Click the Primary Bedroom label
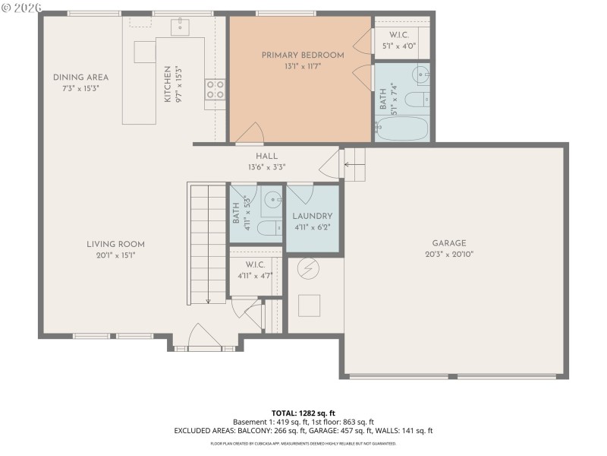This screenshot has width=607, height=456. (x=302, y=55)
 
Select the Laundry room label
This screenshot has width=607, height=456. (x=312, y=217)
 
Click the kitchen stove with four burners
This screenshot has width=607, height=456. (x=215, y=90)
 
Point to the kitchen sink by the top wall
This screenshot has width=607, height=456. (x=181, y=27)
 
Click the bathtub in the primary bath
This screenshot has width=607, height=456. (x=402, y=127)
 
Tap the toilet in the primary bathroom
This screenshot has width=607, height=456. (x=417, y=100)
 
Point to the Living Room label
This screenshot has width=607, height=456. (x=115, y=245)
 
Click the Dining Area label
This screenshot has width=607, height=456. (x=80, y=78)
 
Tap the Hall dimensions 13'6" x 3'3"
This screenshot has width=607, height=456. (x=266, y=167)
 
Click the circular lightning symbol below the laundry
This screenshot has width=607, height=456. (x=308, y=268)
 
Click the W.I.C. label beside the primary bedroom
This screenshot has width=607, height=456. (x=399, y=36)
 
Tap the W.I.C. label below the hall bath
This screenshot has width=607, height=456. (x=254, y=264)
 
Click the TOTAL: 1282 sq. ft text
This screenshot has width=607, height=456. (x=303, y=412)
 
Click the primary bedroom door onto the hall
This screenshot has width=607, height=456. (x=250, y=137)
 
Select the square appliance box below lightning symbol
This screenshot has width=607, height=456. (x=309, y=306)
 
